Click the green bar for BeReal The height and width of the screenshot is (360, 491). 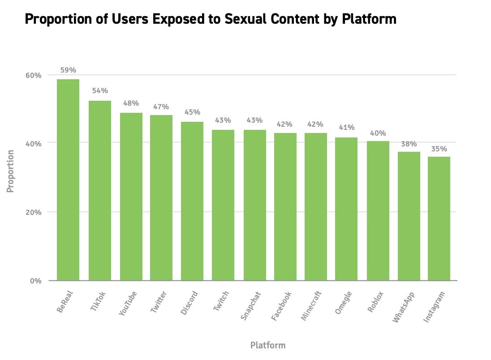(x=68, y=180)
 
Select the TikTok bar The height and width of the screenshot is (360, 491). (x=100, y=190)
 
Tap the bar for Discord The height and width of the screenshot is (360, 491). (x=192, y=201)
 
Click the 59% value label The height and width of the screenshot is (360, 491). (x=68, y=70)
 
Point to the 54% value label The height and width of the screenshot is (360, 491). (x=100, y=91)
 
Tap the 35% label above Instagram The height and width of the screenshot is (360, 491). (x=439, y=149)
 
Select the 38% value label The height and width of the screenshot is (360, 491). (x=409, y=144)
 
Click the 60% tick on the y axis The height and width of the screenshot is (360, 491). (x=33, y=75)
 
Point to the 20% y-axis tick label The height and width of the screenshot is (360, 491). (x=33, y=212)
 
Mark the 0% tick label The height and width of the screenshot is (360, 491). (x=35, y=281)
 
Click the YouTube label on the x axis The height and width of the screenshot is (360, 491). (x=128, y=303)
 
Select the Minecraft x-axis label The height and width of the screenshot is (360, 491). (x=312, y=306)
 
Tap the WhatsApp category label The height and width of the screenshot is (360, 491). (x=403, y=307)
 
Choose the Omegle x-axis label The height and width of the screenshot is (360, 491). (x=344, y=303)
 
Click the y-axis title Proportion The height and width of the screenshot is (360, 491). (x=10, y=171)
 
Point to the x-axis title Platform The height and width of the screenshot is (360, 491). (x=267, y=345)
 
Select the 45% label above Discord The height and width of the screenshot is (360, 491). (x=192, y=112)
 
